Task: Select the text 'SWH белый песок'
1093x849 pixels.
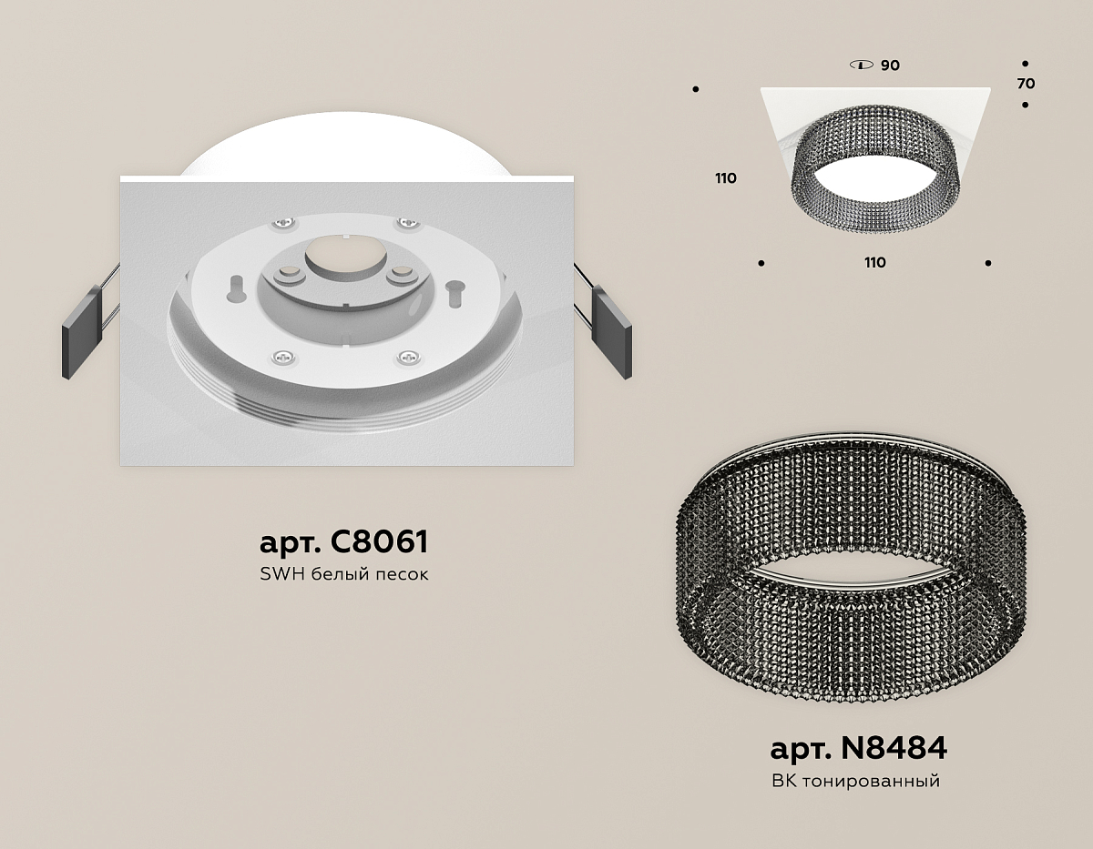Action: [x=344, y=574]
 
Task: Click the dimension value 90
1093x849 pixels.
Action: [x=890, y=66]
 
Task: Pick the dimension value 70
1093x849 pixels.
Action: [x=1026, y=84]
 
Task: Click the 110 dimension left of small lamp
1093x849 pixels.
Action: [x=726, y=177]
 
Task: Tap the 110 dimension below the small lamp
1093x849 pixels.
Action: [x=875, y=262]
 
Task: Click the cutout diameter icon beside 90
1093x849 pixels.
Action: [x=862, y=65]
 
